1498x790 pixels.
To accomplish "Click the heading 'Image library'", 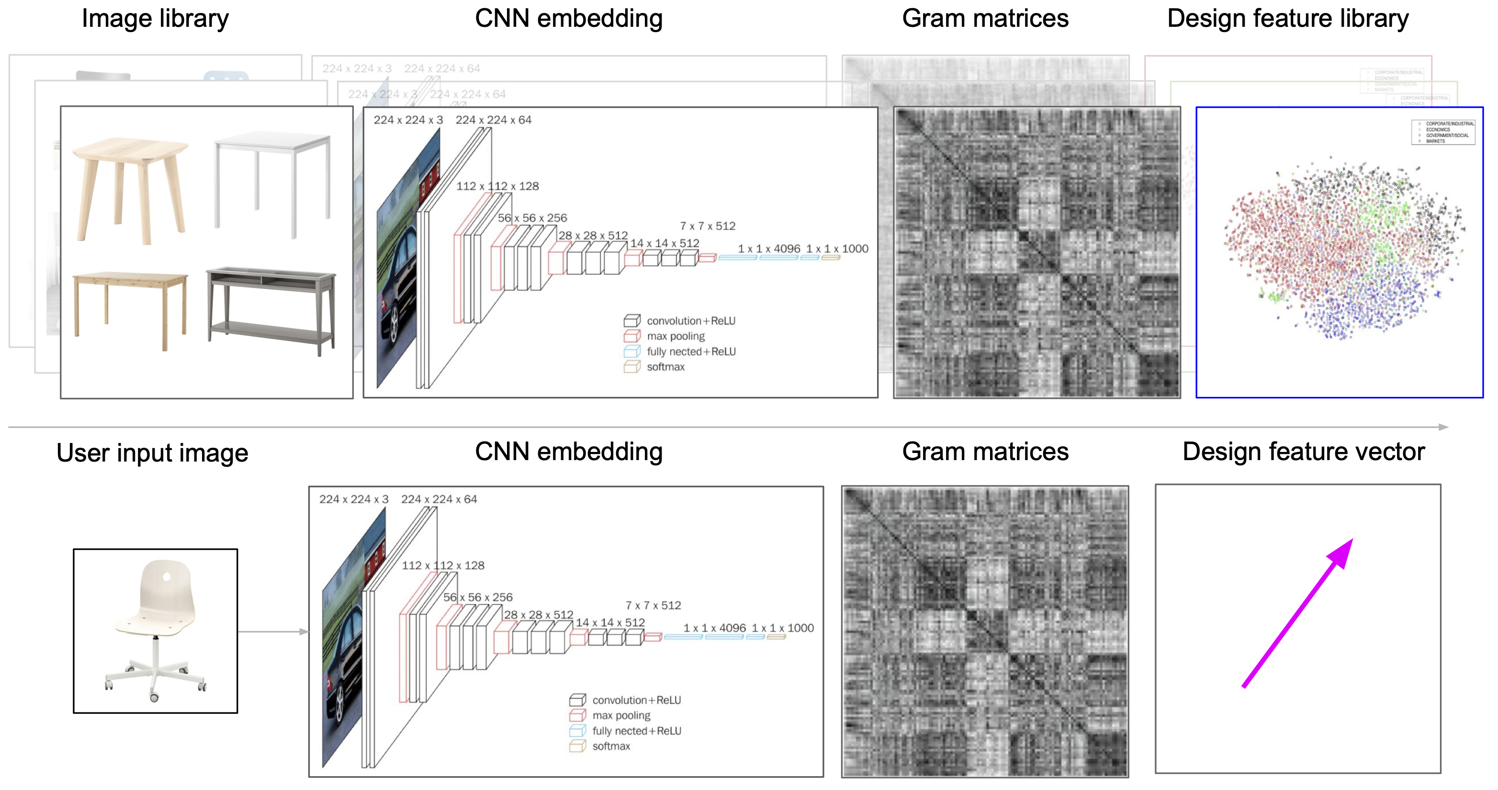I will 155,19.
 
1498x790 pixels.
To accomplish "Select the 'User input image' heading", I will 152,452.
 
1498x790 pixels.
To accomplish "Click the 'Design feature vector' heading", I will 1303,452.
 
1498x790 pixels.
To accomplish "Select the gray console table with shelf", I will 271,308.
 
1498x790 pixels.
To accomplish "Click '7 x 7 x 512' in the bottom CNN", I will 653,606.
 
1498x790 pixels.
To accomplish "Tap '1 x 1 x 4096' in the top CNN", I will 769,249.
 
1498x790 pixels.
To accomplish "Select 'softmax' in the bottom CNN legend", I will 610,746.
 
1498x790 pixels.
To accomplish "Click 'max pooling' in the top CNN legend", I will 675,336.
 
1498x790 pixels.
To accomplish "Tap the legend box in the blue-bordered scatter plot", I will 1443,132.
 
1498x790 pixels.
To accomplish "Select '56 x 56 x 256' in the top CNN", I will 532,218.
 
